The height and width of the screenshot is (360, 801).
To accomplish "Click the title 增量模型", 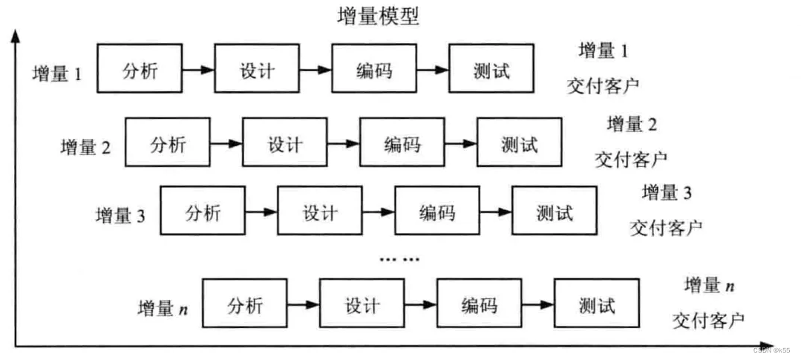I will point(378,16).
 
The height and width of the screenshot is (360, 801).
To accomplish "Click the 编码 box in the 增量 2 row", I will point(402,143).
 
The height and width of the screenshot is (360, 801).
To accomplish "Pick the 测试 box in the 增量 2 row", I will point(519,143).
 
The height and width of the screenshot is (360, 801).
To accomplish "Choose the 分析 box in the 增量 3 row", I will point(203,212).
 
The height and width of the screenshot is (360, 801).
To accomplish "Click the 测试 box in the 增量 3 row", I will point(554,212).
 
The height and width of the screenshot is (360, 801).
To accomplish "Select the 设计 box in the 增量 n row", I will point(362,304).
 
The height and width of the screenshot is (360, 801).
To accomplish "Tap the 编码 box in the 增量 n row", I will point(479,304).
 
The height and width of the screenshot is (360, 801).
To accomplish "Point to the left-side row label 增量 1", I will point(57,74).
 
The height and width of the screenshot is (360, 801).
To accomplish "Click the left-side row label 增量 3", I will point(120,216).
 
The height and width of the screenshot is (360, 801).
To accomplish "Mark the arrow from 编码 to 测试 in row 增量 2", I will point(460,143).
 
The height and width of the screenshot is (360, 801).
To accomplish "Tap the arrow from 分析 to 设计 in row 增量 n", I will point(303,304).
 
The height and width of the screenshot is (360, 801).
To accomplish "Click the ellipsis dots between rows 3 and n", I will point(399,259).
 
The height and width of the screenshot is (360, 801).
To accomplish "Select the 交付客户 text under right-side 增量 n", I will point(708,321).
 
